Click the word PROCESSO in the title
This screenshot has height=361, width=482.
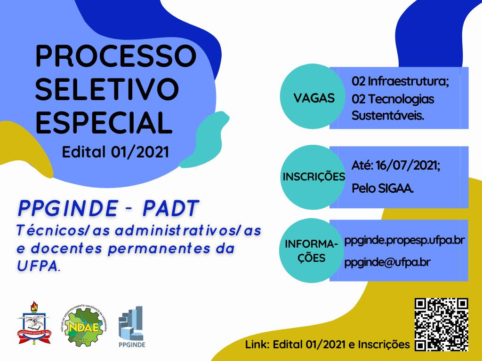click(116, 56)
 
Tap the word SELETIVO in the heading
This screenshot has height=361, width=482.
click(107, 89)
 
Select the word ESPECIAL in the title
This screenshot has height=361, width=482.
click(104, 122)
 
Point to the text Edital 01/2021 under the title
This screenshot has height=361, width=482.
click(116, 152)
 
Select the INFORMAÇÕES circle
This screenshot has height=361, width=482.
click(312, 251)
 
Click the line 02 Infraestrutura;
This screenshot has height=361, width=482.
click(400, 81)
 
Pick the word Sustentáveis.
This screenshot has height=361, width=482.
click(388, 116)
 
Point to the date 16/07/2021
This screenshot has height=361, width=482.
click(408, 165)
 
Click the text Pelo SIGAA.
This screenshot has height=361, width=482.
click(383, 188)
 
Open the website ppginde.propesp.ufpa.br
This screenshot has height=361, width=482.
click(404, 241)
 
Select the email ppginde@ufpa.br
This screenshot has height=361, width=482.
click(387, 263)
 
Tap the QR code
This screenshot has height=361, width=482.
click(442, 325)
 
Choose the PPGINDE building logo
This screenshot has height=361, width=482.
click(132, 327)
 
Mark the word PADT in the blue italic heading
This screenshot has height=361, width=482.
click(171, 208)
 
